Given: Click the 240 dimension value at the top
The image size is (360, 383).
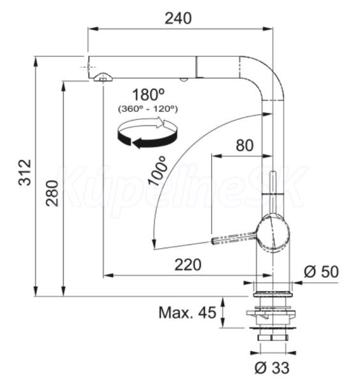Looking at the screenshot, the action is click(178, 19).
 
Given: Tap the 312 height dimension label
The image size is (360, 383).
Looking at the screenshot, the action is click(25, 172).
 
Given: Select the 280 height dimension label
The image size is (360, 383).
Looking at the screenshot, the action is click(52, 193).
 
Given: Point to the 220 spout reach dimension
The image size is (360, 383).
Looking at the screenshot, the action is click(188, 265).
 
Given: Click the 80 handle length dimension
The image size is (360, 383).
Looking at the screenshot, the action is click(244, 146).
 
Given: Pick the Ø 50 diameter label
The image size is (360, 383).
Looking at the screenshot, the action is click(321, 272).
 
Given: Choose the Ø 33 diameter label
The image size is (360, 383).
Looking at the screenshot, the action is click(272, 368).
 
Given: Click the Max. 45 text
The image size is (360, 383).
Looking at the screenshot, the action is click(187, 312).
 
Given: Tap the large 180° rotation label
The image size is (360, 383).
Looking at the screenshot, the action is click(148, 94).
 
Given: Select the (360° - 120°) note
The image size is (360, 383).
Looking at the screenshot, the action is click(148, 109).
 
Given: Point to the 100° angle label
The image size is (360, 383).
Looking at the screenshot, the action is click(158, 171).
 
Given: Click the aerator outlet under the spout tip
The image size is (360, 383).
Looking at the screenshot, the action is click(103, 77).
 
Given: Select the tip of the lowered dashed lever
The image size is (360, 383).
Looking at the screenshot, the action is click(213, 241).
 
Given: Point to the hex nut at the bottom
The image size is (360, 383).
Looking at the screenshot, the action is click(273, 338).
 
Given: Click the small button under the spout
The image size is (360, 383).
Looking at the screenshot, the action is click(183, 79).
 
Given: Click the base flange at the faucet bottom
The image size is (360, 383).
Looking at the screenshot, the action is click(273, 294).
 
